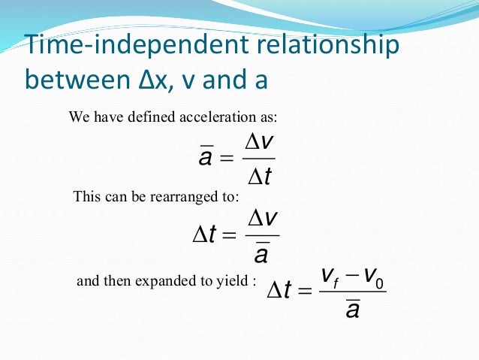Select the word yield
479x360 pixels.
(x=233, y=281)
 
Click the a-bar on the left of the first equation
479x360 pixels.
(x=203, y=158)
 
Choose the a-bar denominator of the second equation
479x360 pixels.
(x=262, y=254)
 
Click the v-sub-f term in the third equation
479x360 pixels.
(x=329, y=277)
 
